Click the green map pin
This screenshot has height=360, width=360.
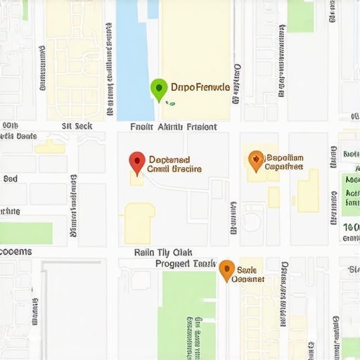(x=159, y=89)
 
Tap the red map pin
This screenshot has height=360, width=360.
(x=137, y=162)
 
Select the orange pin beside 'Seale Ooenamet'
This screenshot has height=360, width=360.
(x=226, y=270)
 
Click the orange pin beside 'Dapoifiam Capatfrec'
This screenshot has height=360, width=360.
(x=256, y=160)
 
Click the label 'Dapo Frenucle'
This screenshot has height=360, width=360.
(x=200, y=88)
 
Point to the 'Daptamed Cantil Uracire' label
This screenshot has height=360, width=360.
(x=175, y=165)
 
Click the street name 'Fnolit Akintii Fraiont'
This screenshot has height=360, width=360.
(x=174, y=127)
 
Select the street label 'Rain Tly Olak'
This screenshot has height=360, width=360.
(x=163, y=252)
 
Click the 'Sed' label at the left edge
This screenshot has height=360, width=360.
(x=11, y=179)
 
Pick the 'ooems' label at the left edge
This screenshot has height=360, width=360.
(x=15, y=252)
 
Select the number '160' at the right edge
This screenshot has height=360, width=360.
(x=351, y=227)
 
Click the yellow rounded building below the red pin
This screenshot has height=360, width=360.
(x=139, y=218)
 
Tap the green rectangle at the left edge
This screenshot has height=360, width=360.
(x=26, y=233)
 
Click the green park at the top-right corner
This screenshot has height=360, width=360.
(x=300, y=15)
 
